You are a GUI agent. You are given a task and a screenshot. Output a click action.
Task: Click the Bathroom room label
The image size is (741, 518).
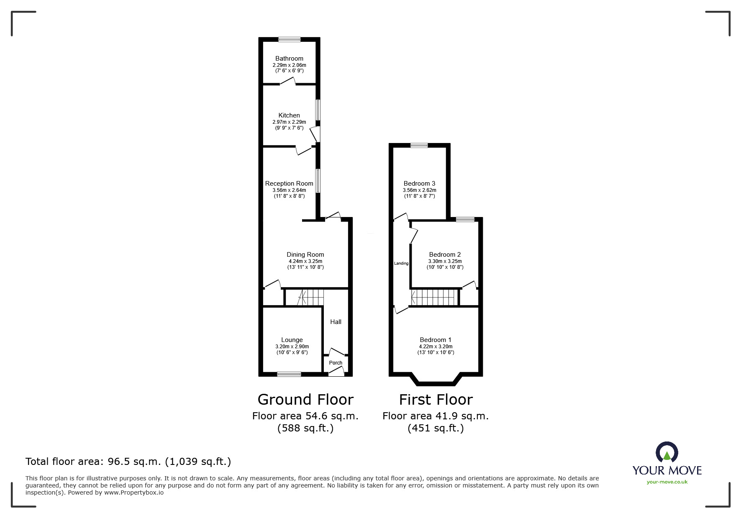(x=289, y=59)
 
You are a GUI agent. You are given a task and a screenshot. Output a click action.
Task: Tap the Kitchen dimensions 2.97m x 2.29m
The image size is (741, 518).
(x=289, y=122)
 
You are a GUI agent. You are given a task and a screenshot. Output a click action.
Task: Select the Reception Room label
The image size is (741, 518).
(x=289, y=184)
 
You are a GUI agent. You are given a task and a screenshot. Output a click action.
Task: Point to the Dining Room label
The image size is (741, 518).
(x=305, y=255)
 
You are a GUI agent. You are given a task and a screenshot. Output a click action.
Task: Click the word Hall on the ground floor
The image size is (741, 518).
(x=336, y=322)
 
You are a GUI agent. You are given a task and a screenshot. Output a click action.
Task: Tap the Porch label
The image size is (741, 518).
(x=336, y=363)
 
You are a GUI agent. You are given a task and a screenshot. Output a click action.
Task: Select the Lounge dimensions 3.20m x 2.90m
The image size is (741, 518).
(x=292, y=347)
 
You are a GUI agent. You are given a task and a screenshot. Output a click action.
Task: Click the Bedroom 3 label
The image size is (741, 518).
(x=419, y=184)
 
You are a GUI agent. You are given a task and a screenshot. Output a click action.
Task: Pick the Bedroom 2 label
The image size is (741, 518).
(x=445, y=255)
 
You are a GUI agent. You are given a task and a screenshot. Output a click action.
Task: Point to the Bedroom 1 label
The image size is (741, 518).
(x=436, y=340)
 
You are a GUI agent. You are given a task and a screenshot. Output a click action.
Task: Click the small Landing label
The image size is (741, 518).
(x=401, y=263)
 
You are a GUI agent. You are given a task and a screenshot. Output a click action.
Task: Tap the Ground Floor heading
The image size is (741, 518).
(x=305, y=400)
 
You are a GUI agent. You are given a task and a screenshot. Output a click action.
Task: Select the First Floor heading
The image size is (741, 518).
(x=436, y=400)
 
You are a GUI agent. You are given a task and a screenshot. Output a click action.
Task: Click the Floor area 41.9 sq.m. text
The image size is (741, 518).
(x=436, y=416)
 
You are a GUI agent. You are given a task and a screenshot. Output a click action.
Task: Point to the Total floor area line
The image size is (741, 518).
(x=128, y=462)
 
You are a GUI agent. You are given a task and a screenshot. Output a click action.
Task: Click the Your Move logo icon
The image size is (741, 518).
(x=667, y=453)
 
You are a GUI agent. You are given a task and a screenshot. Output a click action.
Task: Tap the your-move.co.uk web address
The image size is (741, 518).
(x=667, y=482)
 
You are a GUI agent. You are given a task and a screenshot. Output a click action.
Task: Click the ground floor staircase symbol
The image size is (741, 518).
(x=310, y=297)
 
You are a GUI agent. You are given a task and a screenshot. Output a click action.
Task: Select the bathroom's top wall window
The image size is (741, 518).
(x=290, y=40)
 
